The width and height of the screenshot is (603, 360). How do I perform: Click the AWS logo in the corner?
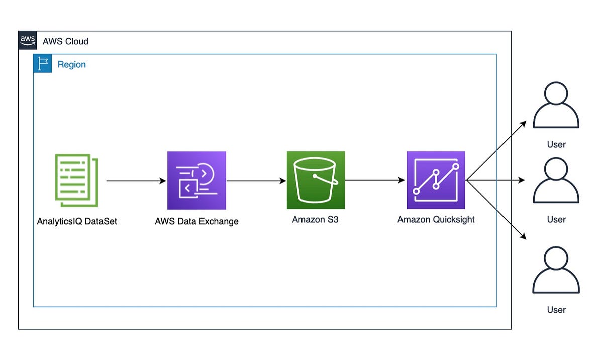(x=28, y=40)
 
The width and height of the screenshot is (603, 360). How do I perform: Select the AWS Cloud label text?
(x=65, y=41)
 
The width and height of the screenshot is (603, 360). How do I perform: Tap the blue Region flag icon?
(x=42, y=64)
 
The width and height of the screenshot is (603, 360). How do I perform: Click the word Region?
(x=71, y=65)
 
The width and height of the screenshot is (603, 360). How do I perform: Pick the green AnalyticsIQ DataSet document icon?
(x=76, y=180)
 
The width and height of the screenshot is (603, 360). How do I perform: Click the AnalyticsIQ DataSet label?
(x=77, y=221)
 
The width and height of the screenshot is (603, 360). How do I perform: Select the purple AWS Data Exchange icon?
(x=196, y=180)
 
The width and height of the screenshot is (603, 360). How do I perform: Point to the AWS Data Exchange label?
(x=196, y=221)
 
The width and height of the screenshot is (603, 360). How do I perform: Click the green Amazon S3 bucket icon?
(x=316, y=180)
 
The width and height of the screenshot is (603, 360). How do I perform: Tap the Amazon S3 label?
(x=315, y=219)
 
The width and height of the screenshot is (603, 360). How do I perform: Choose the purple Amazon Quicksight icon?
(x=436, y=180)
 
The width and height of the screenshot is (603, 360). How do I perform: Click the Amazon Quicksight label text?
(x=436, y=219)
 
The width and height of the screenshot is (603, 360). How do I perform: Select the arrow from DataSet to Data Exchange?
(x=136, y=180)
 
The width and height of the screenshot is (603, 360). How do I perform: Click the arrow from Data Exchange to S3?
(x=256, y=180)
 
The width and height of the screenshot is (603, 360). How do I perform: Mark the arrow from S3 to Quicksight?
(x=375, y=180)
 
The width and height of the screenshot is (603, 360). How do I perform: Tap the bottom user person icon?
(x=556, y=271)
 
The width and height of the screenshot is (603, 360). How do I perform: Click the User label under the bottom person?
(x=556, y=310)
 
